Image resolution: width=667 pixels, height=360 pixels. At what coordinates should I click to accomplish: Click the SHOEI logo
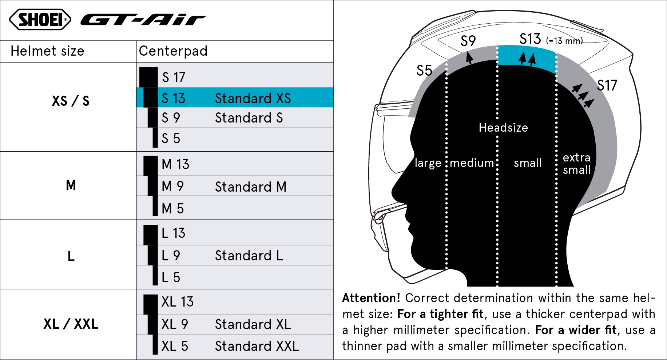(40, 20)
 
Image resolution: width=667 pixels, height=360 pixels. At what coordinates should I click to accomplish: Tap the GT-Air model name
(143, 20)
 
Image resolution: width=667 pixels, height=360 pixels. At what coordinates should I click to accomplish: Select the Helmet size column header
(47, 51)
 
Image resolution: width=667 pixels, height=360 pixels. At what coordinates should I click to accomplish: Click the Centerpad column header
(173, 51)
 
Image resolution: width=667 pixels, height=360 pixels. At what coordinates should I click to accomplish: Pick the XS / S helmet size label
(71, 101)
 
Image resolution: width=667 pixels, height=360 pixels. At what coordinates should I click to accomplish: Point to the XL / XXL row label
(71, 324)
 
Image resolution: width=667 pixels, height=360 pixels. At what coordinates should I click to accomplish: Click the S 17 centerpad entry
(174, 77)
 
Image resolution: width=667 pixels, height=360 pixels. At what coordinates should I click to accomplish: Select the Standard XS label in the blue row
(253, 99)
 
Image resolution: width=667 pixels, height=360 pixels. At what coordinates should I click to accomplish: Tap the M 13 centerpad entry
(175, 164)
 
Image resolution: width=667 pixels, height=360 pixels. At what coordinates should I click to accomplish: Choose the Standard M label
(251, 187)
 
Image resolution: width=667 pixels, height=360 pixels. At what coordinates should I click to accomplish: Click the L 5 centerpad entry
(171, 277)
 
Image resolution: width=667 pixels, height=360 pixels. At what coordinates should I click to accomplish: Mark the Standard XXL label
(257, 346)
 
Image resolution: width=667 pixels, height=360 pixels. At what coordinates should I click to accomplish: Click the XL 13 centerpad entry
(178, 302)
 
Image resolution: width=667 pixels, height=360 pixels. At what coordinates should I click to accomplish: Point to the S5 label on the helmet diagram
(424, 71)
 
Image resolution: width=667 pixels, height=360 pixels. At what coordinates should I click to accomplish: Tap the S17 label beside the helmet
(607, 85)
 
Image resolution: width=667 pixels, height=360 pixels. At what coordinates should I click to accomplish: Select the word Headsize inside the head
(503, 128)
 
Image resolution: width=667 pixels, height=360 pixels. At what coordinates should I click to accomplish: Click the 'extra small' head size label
(577, 164)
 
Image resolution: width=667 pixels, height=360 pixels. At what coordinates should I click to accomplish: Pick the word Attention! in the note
(371, 298)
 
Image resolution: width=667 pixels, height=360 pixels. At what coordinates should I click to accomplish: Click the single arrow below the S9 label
(470, 57)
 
